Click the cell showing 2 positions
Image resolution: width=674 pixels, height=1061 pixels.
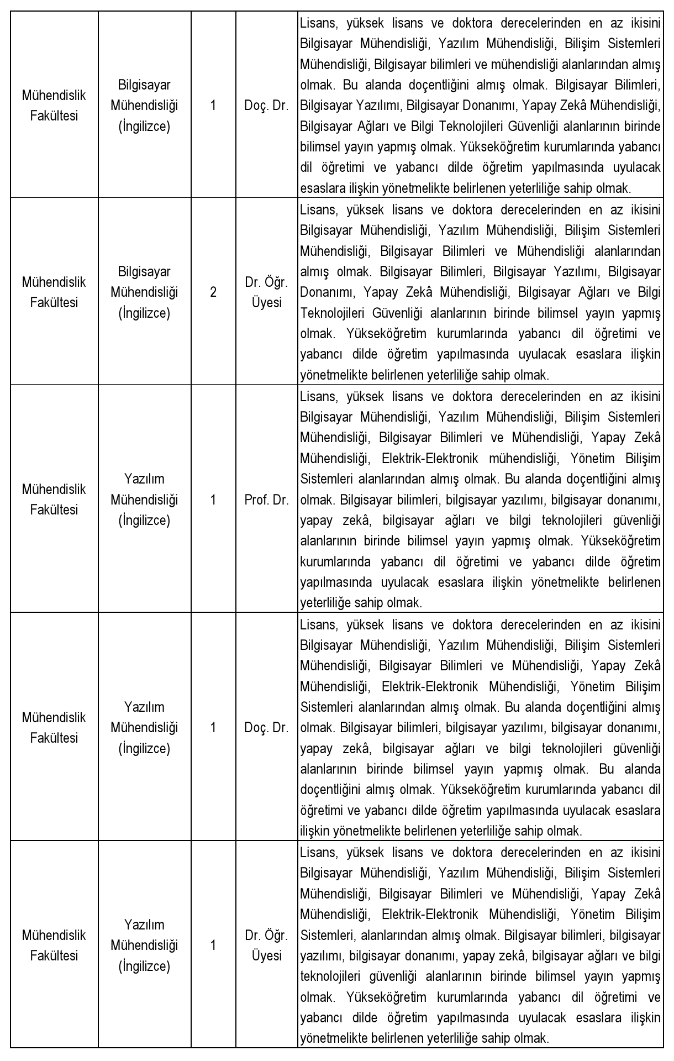213,292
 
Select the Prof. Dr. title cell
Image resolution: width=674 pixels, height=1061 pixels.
266,500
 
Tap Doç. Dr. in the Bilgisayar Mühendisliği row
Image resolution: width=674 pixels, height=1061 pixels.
266,106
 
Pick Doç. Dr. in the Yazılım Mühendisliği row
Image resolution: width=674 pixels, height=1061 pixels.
266,728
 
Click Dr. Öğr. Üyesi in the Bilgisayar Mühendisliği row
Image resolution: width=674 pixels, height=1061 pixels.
266,292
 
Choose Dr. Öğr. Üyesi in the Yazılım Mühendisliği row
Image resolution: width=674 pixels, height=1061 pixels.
266,945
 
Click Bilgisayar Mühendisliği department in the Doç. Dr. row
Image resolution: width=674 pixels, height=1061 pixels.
144,106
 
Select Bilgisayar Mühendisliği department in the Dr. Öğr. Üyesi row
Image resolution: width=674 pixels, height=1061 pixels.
144,292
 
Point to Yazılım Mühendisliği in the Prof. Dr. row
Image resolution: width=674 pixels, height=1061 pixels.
144,500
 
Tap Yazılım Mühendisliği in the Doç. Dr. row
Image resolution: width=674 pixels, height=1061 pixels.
144,728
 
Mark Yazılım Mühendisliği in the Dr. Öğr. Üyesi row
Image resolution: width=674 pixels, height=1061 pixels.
144,945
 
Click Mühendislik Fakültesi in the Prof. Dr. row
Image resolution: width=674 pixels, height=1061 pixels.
54,500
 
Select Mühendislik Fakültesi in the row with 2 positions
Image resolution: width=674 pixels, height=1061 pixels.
54,292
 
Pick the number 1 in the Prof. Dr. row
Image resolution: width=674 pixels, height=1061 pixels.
213,500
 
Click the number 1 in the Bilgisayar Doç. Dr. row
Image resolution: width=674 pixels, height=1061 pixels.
213,106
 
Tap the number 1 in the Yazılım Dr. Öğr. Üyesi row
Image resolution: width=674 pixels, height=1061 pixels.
213,945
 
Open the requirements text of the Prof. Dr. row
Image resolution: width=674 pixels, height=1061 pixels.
480,500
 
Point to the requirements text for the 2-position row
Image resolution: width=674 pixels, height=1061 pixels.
480,292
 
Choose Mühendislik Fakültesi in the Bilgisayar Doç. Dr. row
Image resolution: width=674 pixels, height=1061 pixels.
54,106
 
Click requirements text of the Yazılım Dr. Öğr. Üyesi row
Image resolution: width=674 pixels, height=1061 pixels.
480,945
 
